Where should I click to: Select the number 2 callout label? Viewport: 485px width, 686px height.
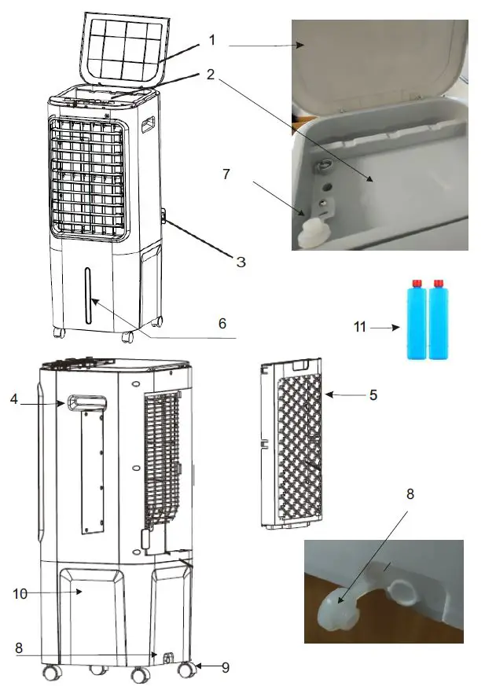click(210, 75)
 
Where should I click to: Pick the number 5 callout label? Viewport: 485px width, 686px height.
click(373, 395)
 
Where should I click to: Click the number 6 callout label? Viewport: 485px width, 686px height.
click(222, 323)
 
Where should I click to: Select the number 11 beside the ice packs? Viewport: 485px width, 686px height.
click(360, 327)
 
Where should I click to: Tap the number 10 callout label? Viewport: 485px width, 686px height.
click(20, 594)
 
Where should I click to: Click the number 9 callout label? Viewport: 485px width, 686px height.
click(226, 668)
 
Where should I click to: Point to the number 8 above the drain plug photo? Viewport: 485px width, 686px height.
click(410, 496)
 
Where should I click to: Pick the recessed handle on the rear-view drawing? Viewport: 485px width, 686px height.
click(86, 403)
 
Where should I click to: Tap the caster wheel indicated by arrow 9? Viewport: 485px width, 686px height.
click(187, 670)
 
